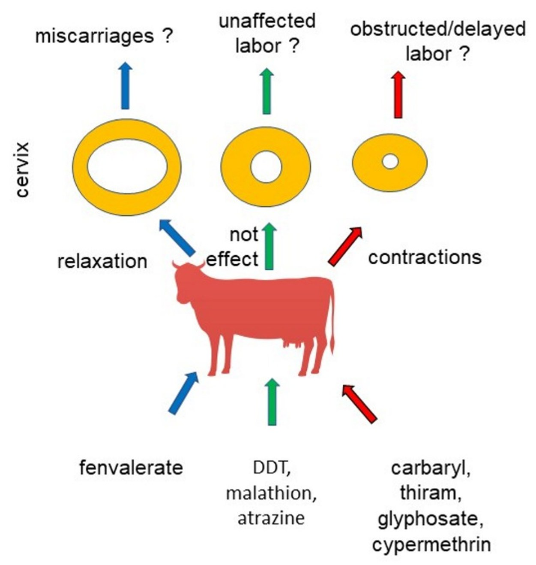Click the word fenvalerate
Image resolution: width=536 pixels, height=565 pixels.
point(131,468)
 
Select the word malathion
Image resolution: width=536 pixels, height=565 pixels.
point(271,493)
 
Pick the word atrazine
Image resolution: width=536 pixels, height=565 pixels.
point(271,518)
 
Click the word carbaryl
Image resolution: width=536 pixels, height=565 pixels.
point(431,468)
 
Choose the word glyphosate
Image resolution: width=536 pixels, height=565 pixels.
point(431,520)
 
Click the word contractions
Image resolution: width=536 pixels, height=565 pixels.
point(425,257)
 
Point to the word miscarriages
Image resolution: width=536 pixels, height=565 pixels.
point(94,36)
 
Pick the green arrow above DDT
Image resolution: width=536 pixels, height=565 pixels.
point(271,401)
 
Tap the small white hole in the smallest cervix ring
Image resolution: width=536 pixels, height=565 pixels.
point(390,162)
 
